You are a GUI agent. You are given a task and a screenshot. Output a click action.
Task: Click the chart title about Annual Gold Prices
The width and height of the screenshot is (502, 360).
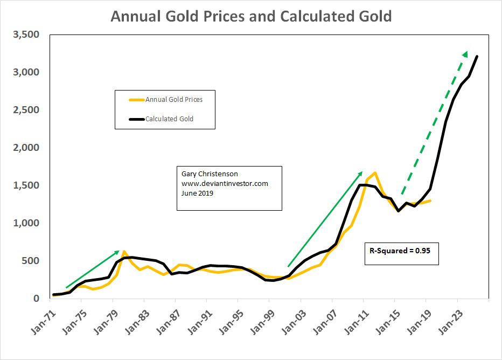pyautogui.click(x=251, y=16)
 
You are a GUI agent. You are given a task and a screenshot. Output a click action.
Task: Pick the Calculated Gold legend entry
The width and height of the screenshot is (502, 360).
pyautogui.click(x=169, y=119)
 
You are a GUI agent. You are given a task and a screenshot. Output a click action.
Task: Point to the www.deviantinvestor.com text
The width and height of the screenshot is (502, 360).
pyautogui.click(x=224, y=183)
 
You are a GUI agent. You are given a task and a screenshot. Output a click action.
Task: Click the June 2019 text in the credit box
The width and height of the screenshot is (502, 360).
pyautogui.click(x=197, y=193)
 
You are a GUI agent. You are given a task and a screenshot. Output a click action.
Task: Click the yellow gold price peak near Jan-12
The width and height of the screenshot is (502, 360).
pyautogui.click(x=375, y=173)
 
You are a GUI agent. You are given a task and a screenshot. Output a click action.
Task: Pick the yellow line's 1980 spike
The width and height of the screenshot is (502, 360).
pyautogui.click(x=124, y=251)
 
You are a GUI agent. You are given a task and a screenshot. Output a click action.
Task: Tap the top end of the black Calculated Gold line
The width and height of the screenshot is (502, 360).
pyautogui.click(x=477, y=57)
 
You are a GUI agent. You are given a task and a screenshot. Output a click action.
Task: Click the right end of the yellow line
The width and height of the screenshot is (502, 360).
pyautogui.click(x=430, y=200)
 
